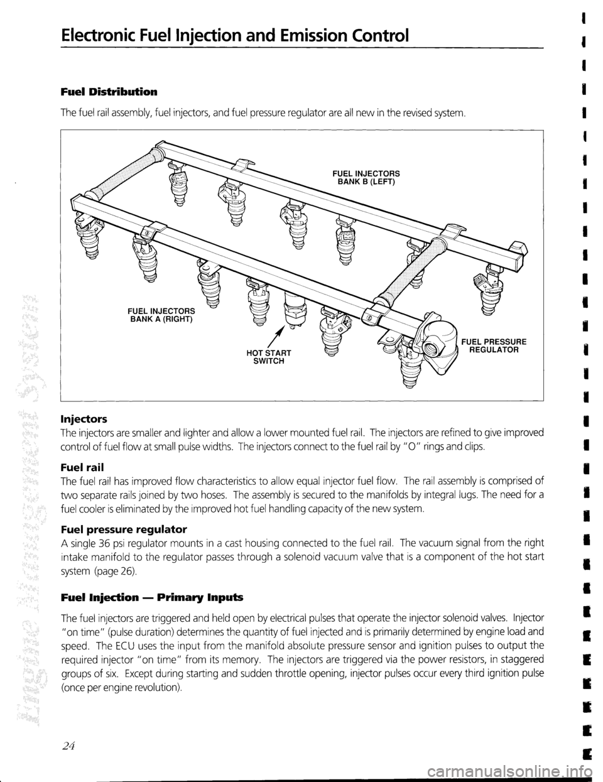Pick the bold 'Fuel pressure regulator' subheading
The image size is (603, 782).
pos(116,519)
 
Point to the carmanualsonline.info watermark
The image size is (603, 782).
pos(521,771)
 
